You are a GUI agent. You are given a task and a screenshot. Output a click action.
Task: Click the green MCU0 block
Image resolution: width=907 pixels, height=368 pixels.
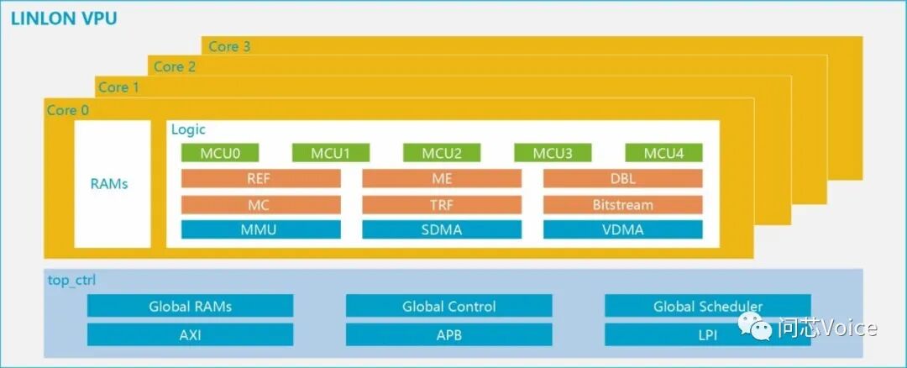click(220, 153)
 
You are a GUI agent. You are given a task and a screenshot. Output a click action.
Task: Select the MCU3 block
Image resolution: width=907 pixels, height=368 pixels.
click(553, 153)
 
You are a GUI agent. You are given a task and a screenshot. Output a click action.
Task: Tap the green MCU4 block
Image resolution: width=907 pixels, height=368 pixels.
click(663, 153)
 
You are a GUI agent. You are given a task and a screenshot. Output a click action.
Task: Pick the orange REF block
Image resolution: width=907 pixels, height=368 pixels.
click(260, 178)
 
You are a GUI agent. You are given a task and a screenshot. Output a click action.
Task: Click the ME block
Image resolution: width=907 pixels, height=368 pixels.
click(442, 178)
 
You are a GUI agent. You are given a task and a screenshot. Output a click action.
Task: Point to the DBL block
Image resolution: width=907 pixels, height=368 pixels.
click(622, 178)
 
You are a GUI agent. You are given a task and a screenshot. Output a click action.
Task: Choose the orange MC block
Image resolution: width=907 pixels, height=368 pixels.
click(260, 204)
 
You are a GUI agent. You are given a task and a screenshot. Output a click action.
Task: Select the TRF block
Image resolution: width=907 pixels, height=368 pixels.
click(442, 204)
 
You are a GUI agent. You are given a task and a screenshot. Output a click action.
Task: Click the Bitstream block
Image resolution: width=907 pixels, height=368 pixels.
click(622, 204)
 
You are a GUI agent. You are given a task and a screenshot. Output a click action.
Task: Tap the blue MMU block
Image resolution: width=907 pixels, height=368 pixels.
click(260, 229)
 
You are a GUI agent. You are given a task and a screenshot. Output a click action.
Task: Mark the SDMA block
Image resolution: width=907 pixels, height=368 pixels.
click(442, 229)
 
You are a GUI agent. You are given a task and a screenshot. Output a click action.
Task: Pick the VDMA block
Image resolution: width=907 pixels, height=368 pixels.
click(622, 229)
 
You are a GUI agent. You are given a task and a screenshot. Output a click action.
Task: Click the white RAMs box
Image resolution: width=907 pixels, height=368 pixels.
click(112, 183)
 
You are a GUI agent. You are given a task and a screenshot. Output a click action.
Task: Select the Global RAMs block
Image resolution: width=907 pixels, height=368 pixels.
click(190, 306)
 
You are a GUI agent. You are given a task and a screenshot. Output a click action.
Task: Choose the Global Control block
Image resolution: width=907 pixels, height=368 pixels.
click(448, 306)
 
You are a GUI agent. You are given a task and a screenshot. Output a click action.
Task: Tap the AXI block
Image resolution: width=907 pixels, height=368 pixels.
click(190, 334)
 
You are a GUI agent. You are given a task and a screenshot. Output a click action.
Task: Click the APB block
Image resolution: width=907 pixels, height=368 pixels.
click(448, 334)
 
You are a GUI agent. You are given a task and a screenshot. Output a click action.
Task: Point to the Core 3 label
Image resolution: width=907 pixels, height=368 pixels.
click(229, 46)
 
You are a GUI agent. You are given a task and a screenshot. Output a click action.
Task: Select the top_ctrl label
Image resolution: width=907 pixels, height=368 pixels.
click(72, 280)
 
